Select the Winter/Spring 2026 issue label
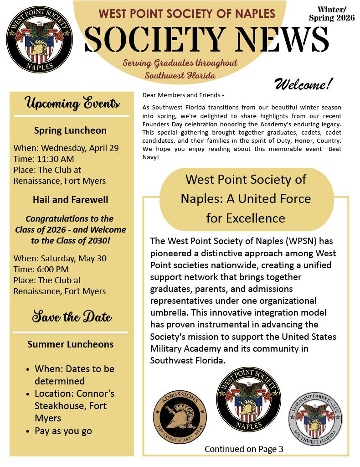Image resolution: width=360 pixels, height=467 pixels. (x=331, y=14)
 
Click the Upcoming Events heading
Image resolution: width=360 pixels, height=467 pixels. (x=72, y=103)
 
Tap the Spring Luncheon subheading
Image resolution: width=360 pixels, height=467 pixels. (x=70, y=130)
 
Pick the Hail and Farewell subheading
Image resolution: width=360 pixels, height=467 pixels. (x=70, y=200)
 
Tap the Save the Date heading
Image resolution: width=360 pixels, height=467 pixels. (x=72, y=317)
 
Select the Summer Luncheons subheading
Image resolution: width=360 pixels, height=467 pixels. (x=70, y=344)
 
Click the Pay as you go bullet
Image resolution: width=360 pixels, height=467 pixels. (x=63, y=431)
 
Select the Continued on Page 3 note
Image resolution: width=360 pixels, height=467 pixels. (x=244, y=449)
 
